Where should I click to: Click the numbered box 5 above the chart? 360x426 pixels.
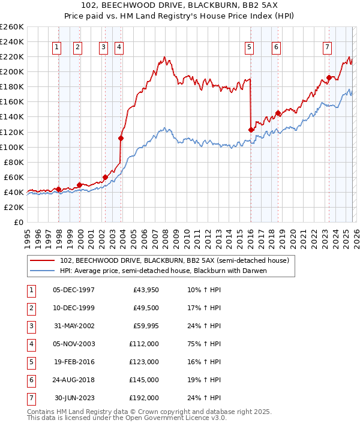tap(249, 47)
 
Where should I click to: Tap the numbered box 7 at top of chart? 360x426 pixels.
tap(327, 47)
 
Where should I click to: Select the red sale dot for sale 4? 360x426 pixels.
tap(121, 138)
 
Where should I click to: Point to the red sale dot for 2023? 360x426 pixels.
tap(329, 77)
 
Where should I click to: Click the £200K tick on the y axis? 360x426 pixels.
tap(12, 71)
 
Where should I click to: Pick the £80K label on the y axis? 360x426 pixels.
tap(14, 162)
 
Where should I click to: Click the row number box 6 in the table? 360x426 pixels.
tap(31, 380)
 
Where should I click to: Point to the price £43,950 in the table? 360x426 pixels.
tap(145, 290)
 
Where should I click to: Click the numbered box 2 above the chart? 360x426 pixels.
tap(78, 47)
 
